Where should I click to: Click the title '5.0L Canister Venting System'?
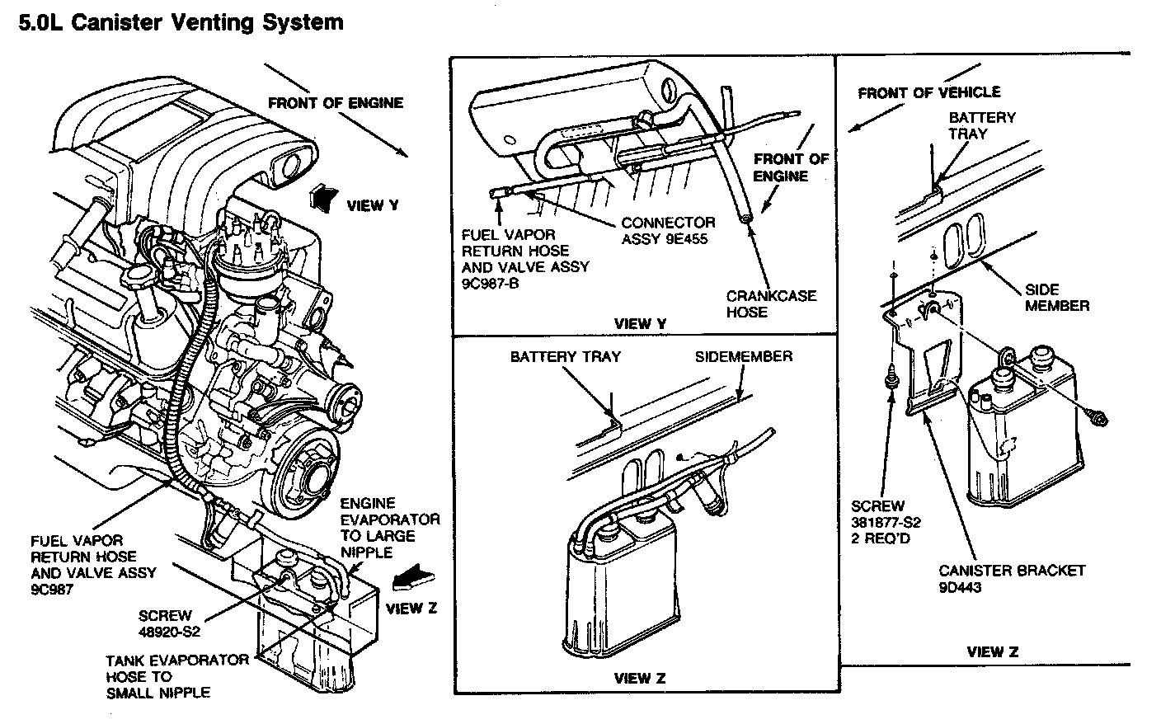181,23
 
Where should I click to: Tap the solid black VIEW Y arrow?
323,199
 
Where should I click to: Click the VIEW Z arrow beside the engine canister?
413,577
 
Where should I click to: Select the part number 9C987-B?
490,284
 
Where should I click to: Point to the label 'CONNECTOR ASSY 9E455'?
668,231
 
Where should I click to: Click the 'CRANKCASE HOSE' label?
771,303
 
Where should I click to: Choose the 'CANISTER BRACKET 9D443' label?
1012,579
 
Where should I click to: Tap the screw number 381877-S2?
886,522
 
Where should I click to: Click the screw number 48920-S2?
169,632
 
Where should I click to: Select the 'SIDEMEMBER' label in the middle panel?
743,356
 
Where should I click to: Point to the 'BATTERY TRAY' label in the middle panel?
565,356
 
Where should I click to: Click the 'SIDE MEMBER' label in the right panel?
1057,298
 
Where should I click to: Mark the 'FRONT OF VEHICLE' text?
928,92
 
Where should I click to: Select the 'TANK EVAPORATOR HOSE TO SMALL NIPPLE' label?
177,676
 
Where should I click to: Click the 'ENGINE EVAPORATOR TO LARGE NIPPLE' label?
390,528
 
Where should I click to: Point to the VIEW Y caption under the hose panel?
640,324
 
